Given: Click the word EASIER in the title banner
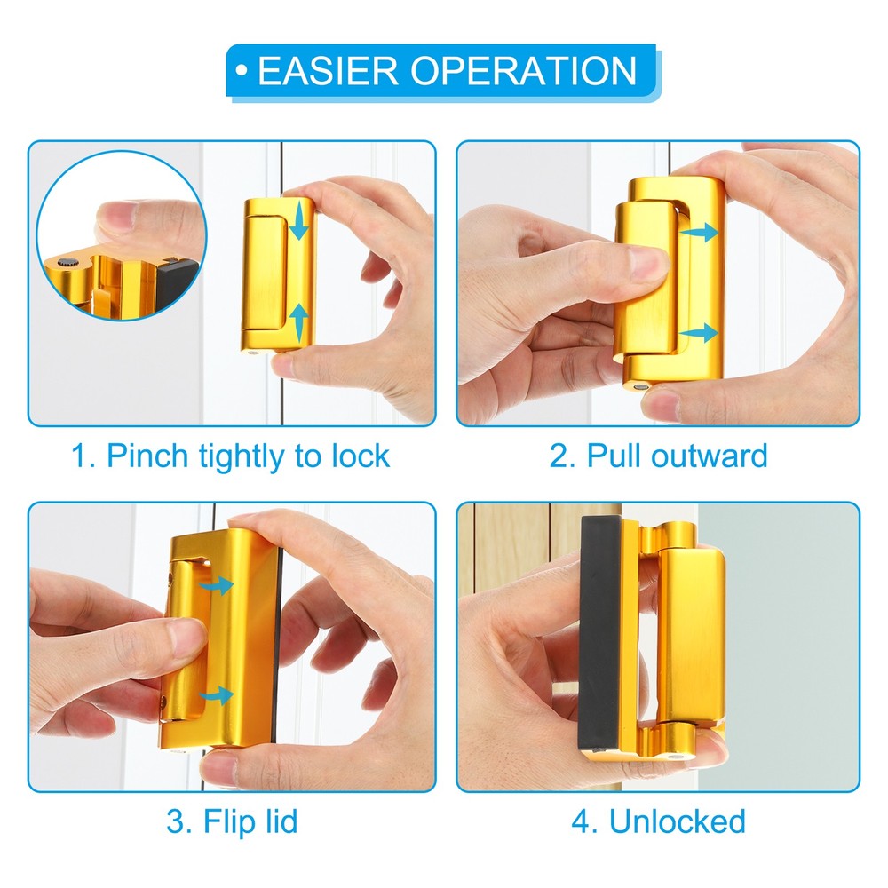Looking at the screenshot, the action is (329, 71).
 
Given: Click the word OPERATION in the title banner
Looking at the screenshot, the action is (524, 71).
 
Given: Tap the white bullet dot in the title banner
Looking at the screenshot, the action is (242, 71).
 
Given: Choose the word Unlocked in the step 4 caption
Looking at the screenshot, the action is (678, 821).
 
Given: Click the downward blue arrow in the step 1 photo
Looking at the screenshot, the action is (299, 222).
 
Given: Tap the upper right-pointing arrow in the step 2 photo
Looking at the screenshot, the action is (698, 232).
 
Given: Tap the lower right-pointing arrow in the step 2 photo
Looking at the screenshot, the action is (698, 332).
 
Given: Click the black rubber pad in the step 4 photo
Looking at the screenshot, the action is (600, 636).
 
